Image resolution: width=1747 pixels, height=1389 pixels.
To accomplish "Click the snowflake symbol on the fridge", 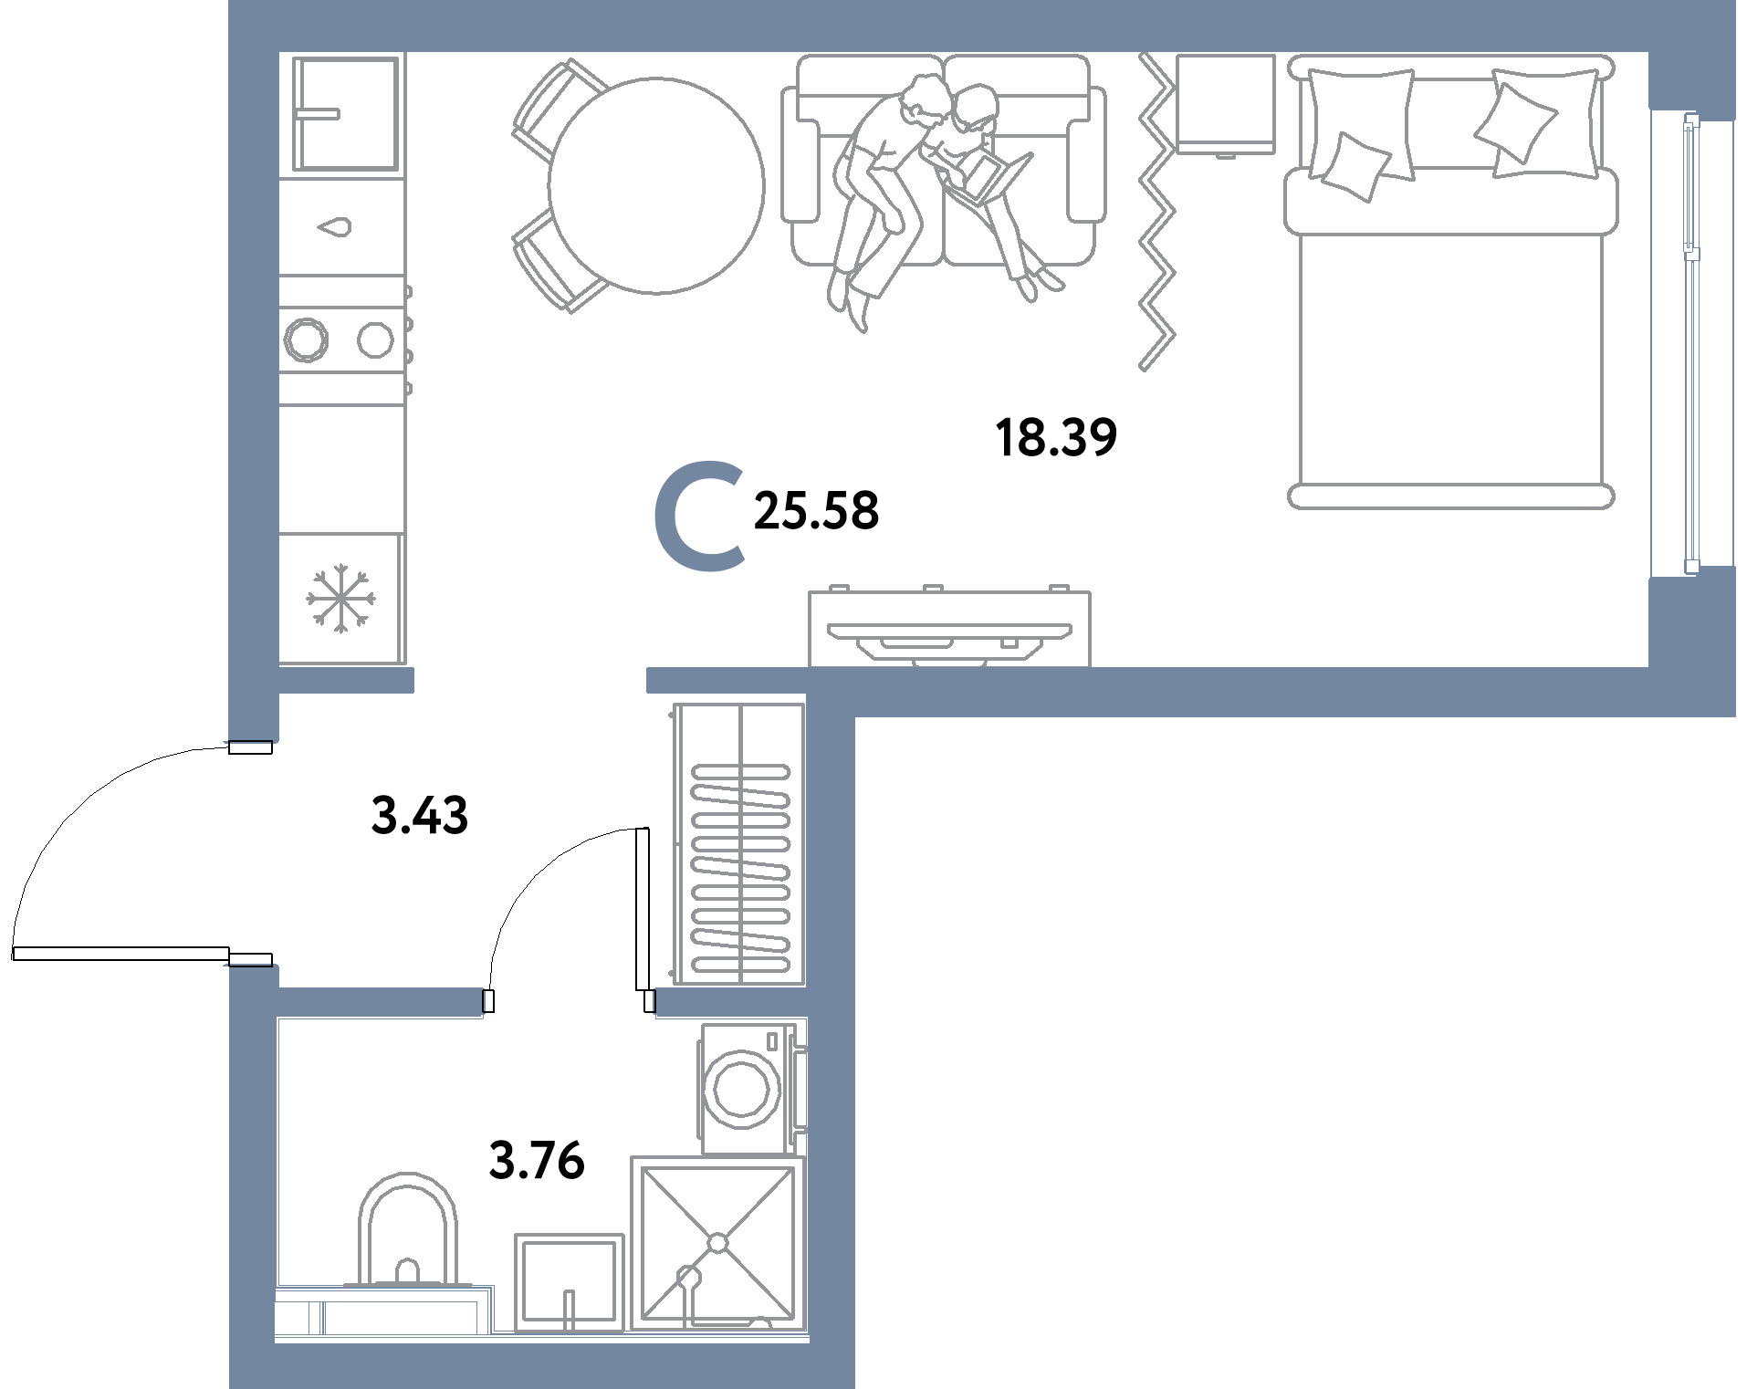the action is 340,599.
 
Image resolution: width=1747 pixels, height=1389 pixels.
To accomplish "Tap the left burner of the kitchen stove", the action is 306,340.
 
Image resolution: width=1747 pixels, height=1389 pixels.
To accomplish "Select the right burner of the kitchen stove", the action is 375,340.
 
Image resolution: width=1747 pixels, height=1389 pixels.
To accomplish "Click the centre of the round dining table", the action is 656,186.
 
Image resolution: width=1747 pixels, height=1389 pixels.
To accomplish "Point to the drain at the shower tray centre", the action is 717,1243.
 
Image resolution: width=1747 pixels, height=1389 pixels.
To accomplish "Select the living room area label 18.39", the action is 1056,437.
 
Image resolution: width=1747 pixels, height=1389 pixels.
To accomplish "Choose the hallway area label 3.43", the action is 420,815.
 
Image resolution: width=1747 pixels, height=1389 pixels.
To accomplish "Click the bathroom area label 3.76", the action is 537,1160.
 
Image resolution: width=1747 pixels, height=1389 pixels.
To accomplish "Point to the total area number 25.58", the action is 816,510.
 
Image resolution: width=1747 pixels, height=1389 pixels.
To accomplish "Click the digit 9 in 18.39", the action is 1102,437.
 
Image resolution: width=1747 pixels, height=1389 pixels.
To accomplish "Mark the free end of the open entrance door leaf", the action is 14,954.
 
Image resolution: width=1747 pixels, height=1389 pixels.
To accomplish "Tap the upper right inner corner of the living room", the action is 1648,53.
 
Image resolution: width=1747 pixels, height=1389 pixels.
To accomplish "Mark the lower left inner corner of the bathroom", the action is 276,1342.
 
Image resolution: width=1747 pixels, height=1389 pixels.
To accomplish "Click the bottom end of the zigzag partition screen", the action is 1143,369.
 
